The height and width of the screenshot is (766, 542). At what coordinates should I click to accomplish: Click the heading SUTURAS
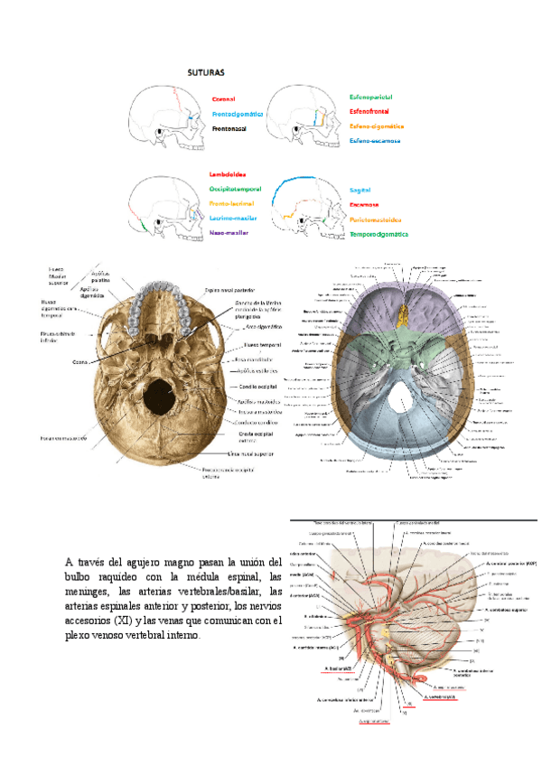[206, 70]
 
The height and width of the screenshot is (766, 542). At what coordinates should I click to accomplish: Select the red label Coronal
[223, 99]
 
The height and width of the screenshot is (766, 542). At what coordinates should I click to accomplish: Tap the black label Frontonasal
[236, 129]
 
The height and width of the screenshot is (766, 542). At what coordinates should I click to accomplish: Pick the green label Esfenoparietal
[370, 96]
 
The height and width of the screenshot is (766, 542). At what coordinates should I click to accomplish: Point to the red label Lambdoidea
[228, 173]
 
